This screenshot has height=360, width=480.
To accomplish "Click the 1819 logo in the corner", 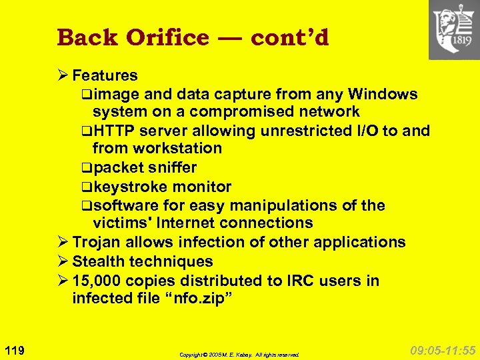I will coord(454,30).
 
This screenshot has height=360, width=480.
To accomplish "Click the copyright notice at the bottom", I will coord(240,355).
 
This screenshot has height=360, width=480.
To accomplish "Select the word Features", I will coord(105,75).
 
